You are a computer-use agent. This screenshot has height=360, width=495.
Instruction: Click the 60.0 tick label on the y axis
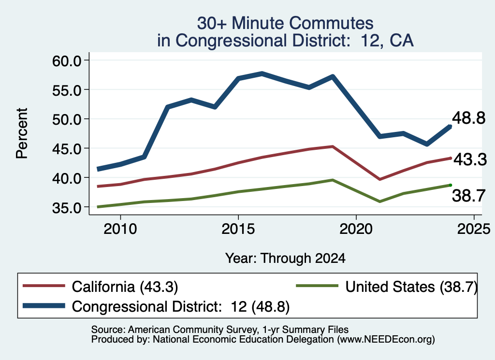point(67,60)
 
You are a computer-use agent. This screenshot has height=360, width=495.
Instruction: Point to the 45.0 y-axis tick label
point(67,149)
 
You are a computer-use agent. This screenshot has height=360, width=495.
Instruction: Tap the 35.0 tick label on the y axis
point(67,208)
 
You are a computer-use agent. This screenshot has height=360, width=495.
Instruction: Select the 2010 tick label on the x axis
point(120,229)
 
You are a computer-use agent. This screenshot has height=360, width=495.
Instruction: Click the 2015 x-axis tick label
point(238,229)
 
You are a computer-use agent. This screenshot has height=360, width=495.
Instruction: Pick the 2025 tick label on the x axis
point(474,229)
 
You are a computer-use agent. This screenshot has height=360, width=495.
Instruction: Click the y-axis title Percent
point(22,133)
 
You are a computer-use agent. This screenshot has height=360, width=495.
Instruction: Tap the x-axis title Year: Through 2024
point(285,258)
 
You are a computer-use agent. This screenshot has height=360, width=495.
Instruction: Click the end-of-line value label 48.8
point(468,118)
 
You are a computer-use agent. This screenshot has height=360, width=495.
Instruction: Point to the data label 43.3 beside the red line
point(470,159)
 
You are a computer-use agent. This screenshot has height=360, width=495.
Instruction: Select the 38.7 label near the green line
point(468,196)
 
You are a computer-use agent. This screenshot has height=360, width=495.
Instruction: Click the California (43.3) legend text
point(125,287)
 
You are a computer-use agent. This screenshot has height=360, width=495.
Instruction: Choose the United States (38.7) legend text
point(411,287)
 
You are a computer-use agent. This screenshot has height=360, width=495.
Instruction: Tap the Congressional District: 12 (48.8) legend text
point(181,307)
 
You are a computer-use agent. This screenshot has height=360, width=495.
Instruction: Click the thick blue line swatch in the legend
point(44,306)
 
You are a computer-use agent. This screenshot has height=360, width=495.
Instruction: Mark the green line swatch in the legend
point(317,286)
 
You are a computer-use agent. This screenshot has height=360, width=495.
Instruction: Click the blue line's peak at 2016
point(262,74)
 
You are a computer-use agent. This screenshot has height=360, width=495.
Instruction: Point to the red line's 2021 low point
point(379,179)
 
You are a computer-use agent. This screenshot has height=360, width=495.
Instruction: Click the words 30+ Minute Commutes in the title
point(285,23)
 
